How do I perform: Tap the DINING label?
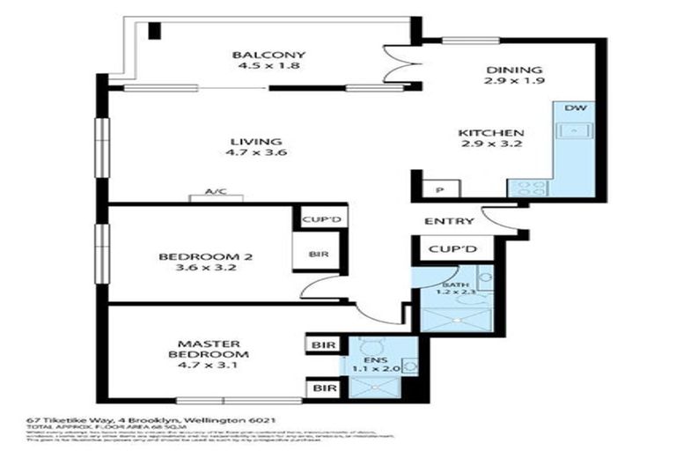516,70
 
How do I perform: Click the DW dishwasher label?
575,108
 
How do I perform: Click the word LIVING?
256,141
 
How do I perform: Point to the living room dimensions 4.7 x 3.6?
256,153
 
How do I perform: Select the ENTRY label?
449,221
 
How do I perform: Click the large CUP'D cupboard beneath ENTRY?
452,250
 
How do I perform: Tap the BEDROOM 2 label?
205,257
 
